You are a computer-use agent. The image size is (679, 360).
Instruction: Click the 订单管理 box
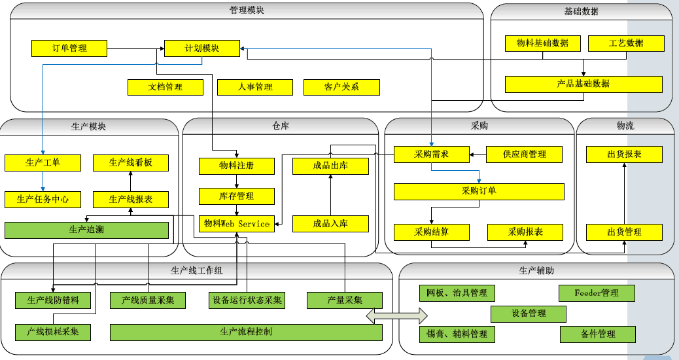[x=69, y=48]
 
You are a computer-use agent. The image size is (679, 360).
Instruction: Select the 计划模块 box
[x=201, y=48]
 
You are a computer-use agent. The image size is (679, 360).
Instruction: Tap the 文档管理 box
[x=165, y=86]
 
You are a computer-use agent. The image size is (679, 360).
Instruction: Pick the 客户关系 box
[x=341, y=86]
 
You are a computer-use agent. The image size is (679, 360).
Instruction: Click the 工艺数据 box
[x=626, y=43]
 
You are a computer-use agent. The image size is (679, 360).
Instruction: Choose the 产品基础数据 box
[x=583, y=84]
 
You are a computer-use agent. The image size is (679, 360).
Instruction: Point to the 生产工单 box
[x=43, y=162]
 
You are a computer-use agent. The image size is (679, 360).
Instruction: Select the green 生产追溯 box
[x=86, y=230]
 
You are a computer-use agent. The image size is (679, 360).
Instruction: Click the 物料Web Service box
[x=237, y=223]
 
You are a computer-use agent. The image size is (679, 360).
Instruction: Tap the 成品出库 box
[x=330, y=166]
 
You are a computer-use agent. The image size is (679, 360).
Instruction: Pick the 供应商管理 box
[x=525, y=154]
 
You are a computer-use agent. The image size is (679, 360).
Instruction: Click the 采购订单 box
[x=479, y=191]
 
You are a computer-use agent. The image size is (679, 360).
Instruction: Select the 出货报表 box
[x=624, y=154]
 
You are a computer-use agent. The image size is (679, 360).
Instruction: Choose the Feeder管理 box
[x=597, y=293]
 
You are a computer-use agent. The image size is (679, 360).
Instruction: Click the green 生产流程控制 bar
[x=246, y=332]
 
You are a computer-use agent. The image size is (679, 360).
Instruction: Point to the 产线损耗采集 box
[x=53, y=332]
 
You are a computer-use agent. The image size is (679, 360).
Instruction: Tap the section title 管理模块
[x=247, y=10]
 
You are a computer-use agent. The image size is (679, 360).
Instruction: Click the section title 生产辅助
[x=536, y=270]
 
